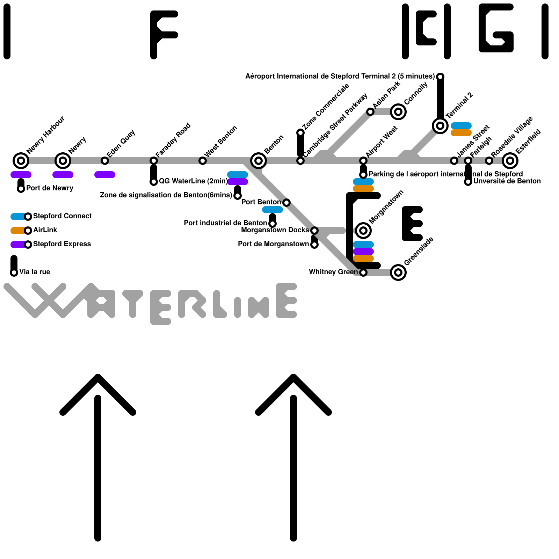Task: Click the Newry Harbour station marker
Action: pyautogui.click(x=21, y=161)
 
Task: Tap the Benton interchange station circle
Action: pyautogui.click(x=259, y=161)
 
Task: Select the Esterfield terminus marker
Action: pyautogui.click(x=510, y=161)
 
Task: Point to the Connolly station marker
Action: pyautogui.click(x=398, y=112)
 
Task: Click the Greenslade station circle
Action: pyautogui.click(x=398, y=273)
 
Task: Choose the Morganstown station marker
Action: pyautogui.click(x=363, y=231)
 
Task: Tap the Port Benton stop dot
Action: pyautogui.click(x=286, y=203)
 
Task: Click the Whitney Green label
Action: pyautogui.click(x=333, y=272)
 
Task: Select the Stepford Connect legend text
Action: pyautogui.click(x=62, y=216)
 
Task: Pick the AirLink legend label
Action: pyautogui.click(x=45, y=230)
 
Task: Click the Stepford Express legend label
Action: pyautogui.click(x=62, y=244)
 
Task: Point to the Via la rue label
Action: pyautogui.click(x=35, y=272)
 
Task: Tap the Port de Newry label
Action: pyautogui.click(x=50, y=188)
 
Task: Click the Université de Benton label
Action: pyautogui.click(x=507, y=181)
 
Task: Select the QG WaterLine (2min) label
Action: pyautogui.click(x=193, y=181)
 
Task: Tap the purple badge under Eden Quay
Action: pyautogui.click(x=105, y=175)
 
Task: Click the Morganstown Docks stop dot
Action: pyautogui.click(x=314, y=231)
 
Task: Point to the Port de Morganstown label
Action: pyautogui.click(x=273, y=244)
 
